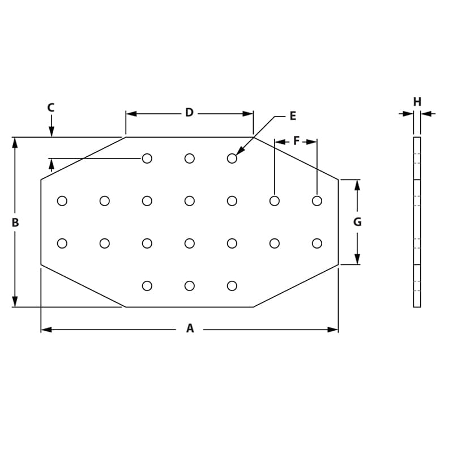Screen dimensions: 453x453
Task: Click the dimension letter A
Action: [x=190, y=328]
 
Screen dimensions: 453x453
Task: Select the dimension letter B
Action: [x=15, y=223]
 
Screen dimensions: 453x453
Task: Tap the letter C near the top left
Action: [x=51, y=107]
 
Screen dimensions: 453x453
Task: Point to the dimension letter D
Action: [x=189, y=113]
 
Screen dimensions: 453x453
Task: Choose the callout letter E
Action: [x=293, y=116]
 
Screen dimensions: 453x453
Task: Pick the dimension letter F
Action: [x=296, y=141]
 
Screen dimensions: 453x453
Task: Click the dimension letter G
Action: [x=357, y=222]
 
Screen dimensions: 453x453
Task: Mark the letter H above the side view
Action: [x=417, y=102]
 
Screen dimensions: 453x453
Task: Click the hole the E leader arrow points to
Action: [x=232, y=159]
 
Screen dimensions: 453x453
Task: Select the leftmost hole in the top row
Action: [x=147, y=159]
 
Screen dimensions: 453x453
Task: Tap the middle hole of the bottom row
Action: [x=190, y=286]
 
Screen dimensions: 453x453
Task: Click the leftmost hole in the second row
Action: [x=62, y=201]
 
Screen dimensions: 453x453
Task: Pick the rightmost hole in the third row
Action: [x=317, y=243]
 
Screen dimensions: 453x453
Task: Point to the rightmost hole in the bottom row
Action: [x=232, y=286]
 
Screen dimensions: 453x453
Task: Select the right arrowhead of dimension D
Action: [x=248, y=114]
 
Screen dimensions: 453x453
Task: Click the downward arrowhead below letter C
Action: [x=52, y=131]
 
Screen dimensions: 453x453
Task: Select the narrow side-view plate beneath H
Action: [x=417, y=222]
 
